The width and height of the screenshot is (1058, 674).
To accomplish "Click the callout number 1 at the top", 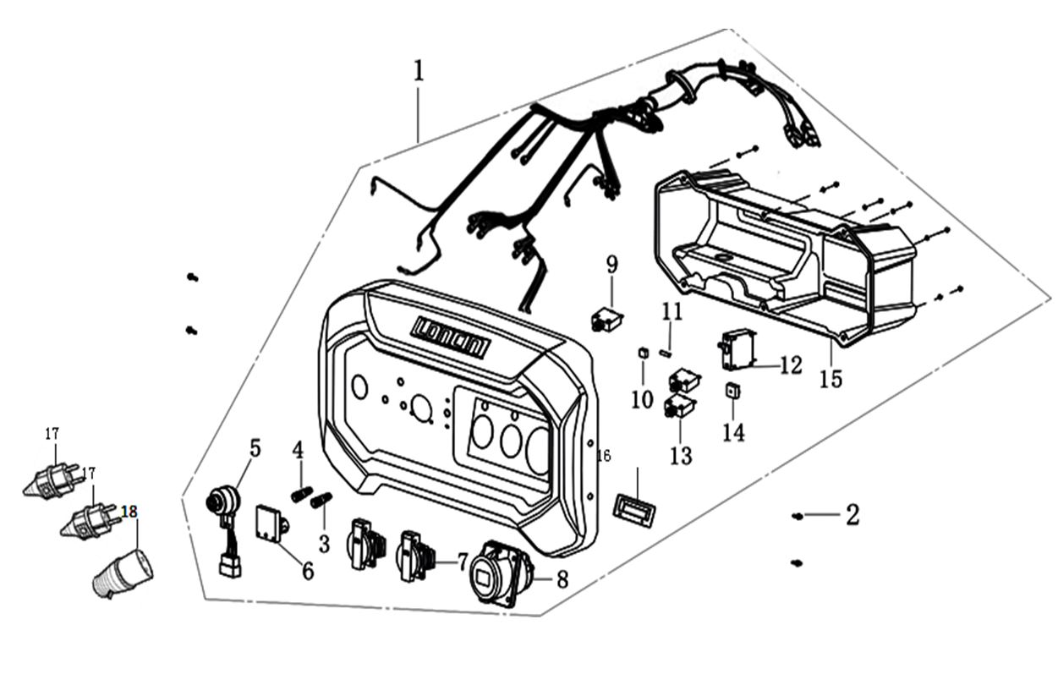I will tap(419, 72).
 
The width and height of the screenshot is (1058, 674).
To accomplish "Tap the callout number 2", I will tap(852, 515).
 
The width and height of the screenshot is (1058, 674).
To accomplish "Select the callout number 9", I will tap(612, 266).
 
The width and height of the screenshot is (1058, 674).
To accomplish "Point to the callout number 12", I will tap(791, 365).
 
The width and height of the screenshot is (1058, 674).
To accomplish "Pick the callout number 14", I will tap(733, 431).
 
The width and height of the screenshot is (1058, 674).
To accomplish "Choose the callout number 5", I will tap(255, 447).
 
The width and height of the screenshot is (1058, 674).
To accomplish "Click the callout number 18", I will tap(129, 512).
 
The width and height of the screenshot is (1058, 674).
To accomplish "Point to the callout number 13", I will tap(681, 456).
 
